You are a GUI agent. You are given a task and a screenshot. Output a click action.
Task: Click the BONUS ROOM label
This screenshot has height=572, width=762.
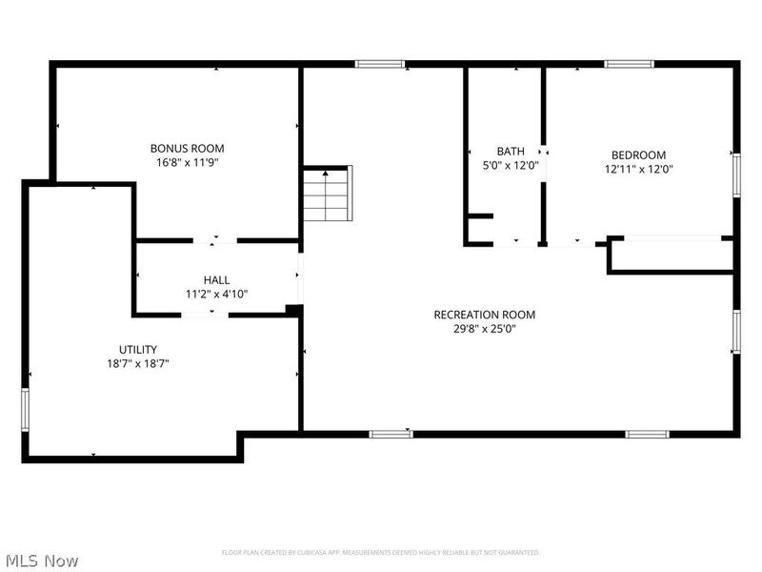click(188, 148)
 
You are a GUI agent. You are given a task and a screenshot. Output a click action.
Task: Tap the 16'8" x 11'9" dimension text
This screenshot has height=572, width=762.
click(188, 162)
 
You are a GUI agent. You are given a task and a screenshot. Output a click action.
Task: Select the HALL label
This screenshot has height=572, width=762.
click(216, 280)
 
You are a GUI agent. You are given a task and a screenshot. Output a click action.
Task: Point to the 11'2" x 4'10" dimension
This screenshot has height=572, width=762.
click(216, 294)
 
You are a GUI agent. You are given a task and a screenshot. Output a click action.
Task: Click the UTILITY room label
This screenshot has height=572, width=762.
click(138, 349)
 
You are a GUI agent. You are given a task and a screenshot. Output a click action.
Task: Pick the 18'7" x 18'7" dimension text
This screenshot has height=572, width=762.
click(138, 363)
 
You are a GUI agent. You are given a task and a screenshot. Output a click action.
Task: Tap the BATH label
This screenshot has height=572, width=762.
click(511, 151)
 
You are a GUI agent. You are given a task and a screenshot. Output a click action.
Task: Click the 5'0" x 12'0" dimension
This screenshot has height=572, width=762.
click(511, 165)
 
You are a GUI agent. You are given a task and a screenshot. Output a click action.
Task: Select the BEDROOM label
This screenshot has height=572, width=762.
click(638, 154)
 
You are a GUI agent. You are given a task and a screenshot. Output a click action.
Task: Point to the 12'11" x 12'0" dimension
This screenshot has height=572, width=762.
click(638, 169)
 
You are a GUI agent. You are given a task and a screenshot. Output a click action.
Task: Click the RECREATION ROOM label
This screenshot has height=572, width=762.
click(484, 315)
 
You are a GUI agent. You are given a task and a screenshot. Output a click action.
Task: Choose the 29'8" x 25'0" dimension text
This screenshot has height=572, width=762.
click(484, 329)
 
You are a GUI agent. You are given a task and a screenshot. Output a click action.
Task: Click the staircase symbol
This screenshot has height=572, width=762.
click(328, 194)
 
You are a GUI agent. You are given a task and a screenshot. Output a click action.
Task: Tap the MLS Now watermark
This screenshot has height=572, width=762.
click(41, 561)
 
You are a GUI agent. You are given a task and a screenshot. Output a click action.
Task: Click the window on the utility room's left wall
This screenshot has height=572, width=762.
click(26, 408)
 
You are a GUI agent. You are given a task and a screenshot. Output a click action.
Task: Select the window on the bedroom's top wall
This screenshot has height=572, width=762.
click(629, 64)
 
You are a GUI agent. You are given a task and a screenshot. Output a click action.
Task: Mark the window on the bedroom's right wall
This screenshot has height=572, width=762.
click(736, 174)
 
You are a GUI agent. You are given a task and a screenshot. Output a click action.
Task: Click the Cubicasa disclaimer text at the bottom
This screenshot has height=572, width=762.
click(381, 552)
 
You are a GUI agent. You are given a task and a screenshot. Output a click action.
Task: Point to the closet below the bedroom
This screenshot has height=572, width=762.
click(671, 255)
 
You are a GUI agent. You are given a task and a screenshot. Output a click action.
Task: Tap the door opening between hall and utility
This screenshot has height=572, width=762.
click(203, 314)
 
